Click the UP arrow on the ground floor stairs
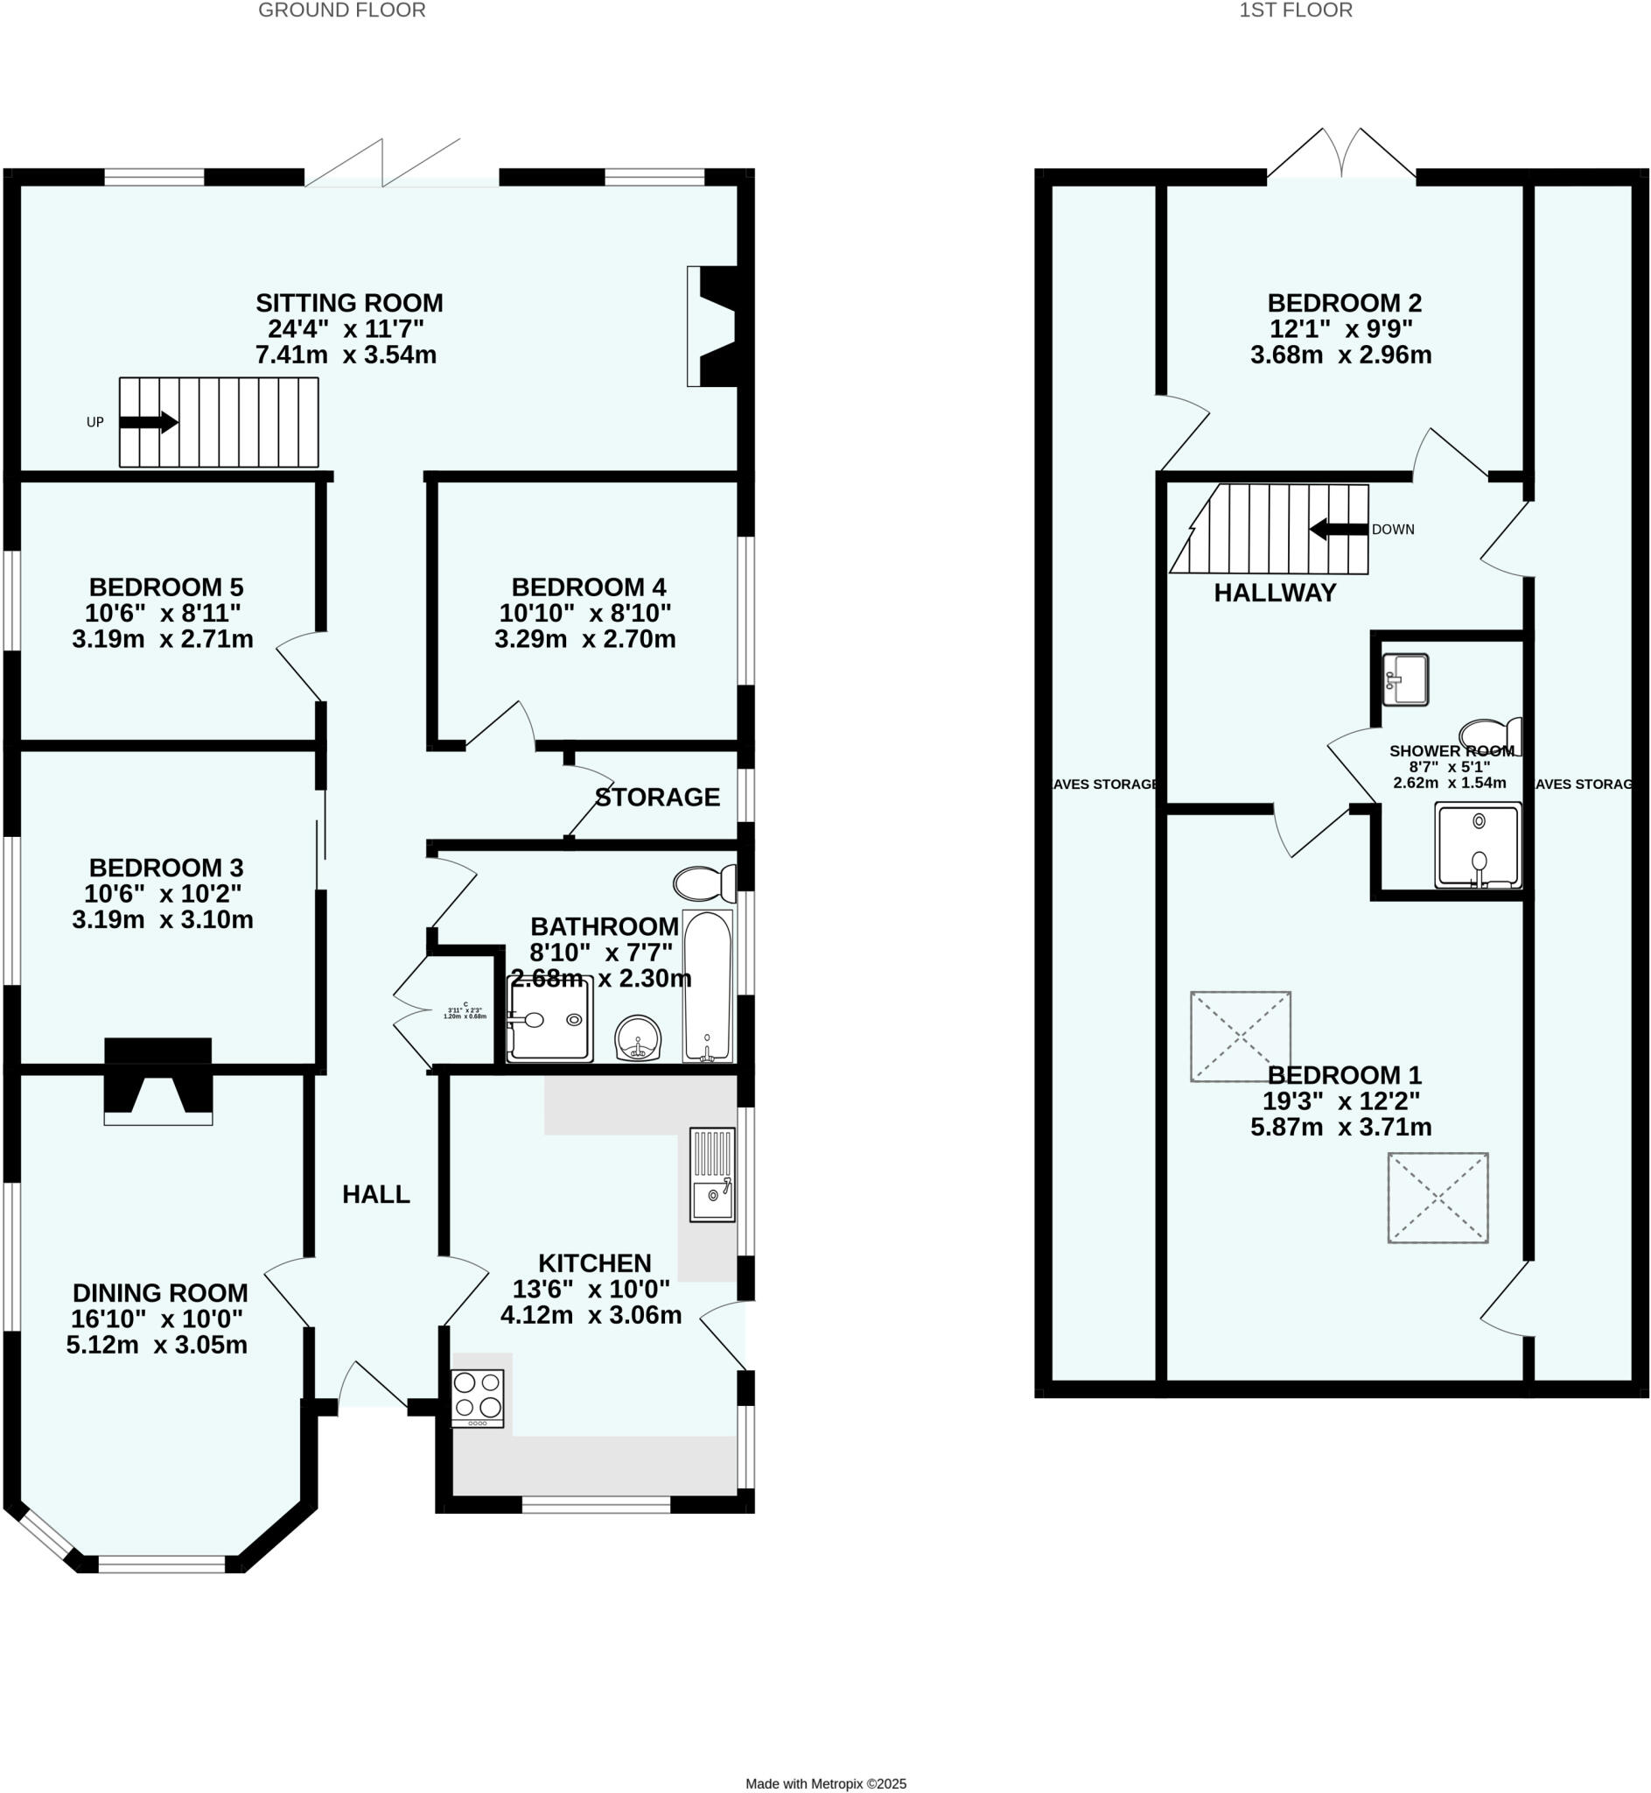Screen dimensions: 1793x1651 coord(149,422)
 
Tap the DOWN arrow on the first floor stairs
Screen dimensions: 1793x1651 coord(1339,529)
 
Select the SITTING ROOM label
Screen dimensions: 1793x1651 coord(349,303)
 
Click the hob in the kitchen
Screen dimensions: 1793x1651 coord(478,1398)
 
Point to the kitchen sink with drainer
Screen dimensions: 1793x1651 coord(712,1175)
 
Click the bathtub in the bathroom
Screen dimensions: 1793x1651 coord(707,986)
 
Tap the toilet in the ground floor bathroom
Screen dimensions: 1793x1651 coord(704,883)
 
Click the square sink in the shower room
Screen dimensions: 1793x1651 coord(1405,679)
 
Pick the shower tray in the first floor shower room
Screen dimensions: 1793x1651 coord(1478,845)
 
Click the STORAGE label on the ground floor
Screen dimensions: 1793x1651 coord(658,798)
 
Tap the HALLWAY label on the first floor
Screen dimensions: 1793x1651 coord(1275,593)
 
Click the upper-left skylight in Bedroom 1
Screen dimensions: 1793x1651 coord(1240,1036)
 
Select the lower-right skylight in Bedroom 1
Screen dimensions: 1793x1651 coord(1438,1198)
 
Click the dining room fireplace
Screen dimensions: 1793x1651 coord(158,1080)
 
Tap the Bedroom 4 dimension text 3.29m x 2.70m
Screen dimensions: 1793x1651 coord(585,639)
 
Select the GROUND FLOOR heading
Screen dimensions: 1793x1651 coord(341,11)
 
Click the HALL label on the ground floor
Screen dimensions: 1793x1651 coord(376,1194)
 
